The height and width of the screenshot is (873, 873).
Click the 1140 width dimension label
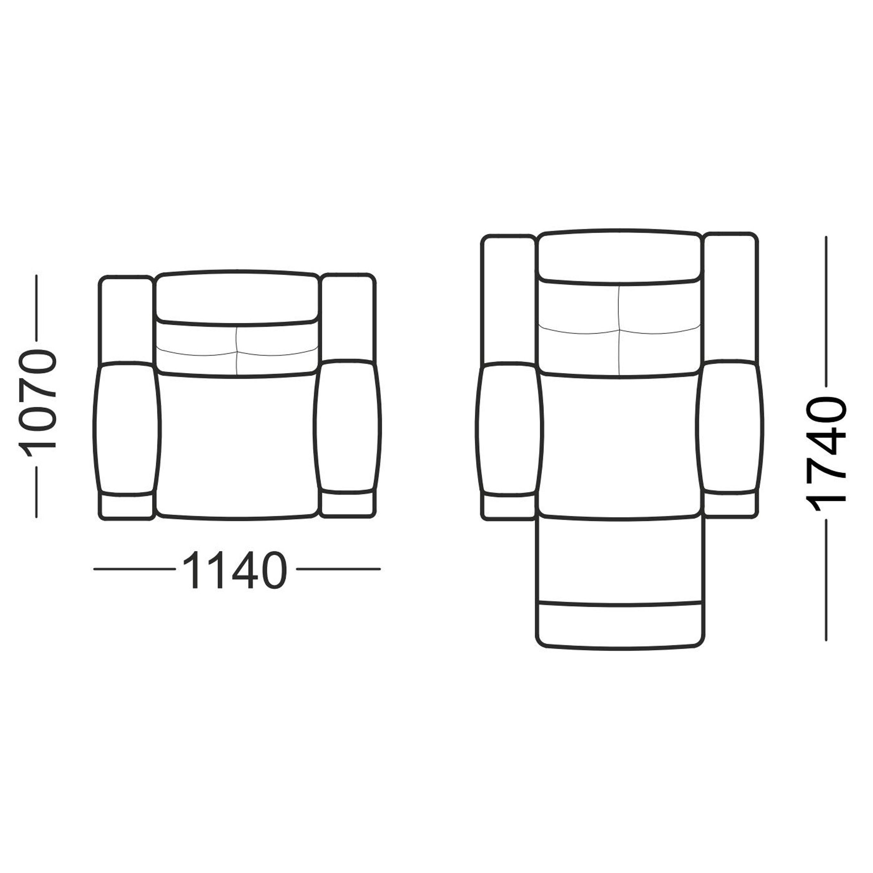(235, 569)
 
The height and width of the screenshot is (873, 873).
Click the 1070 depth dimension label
(38, 396)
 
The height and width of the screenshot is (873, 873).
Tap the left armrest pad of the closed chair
(127, 427)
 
